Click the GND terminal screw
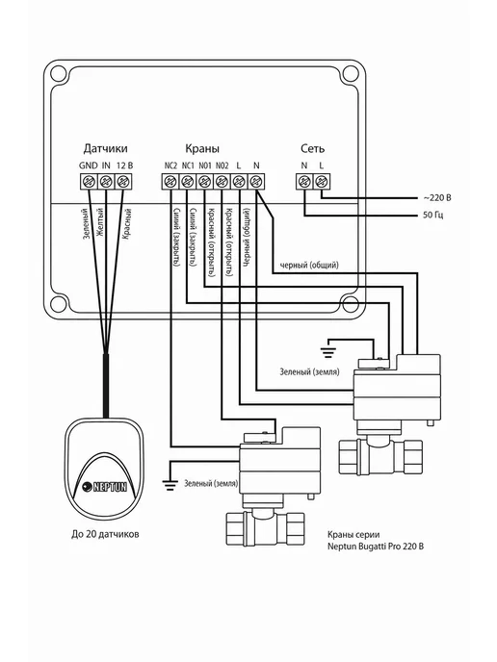point(89,182)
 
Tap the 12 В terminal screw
point(123,182)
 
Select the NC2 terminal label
point(170,165)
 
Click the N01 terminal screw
point(205,182)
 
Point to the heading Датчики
point(105,148)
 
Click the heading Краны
point(202,148)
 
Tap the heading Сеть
point(313,148)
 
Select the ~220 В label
point(437,197)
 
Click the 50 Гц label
point(433,215)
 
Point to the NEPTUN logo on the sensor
point(104,486)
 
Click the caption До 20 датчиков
point(105,534)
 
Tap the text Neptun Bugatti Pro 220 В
point(376,547)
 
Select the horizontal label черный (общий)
point(309,266)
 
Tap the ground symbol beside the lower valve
point(170,484)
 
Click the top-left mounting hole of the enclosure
point(59,74)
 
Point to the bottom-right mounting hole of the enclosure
point(351,303)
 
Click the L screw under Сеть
point(322,182)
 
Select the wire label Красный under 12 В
point(126,224)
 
